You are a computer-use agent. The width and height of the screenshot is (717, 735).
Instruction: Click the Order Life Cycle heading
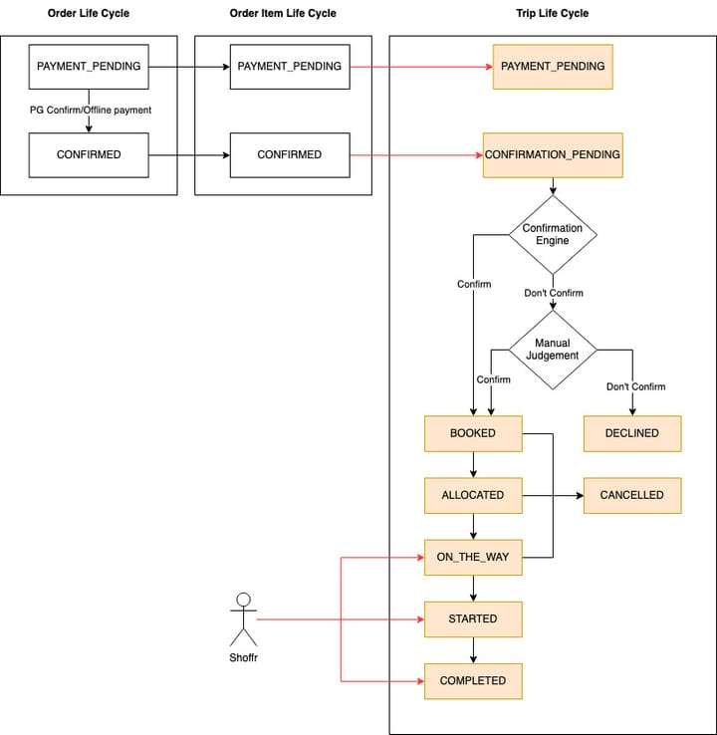(x=88, y=13)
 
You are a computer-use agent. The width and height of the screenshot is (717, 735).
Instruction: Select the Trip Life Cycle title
(x=552, y=13)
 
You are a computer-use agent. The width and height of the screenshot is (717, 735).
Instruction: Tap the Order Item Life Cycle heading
(x=283, y=13)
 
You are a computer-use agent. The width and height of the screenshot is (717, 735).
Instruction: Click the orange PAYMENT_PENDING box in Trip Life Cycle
(x=553, y=67)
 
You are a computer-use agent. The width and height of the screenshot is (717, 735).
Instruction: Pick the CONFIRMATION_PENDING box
(x=553, y=155)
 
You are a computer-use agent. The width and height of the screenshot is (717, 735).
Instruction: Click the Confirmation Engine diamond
(x=553, y=234)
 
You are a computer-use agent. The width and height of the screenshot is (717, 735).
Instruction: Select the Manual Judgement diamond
(x=553, y=350)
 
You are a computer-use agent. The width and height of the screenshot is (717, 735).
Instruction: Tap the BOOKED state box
(x=473, y=433)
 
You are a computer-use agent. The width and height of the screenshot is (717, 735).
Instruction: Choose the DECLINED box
(x=632, y=433)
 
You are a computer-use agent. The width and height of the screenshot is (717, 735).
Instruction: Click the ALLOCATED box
(x=473, y=495)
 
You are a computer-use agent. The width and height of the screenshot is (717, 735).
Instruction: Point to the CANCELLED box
(x=632, y=495)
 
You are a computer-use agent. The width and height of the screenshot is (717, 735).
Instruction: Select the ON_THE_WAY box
(x=473, y=558)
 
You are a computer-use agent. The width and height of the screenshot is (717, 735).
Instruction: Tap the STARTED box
(x=473, y=619)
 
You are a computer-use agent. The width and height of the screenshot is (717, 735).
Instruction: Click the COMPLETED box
(x=473, y=681)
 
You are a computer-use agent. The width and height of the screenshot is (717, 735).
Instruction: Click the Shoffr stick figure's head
(x=243, y=600)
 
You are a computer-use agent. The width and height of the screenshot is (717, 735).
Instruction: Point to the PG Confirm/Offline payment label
(x=91, y=111)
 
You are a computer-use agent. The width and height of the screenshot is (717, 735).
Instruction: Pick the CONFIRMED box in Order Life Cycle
(x=89, y=155)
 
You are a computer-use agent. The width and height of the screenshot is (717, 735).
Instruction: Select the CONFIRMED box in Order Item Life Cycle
(x=290, y=155)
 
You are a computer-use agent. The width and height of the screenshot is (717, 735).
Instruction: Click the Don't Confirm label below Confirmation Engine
(x=554, y=293)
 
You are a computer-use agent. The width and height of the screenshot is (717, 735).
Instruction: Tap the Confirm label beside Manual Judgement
(x=494, y=379)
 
